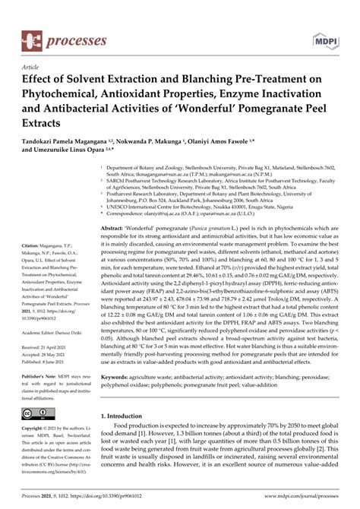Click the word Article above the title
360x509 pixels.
coord(33,67)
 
